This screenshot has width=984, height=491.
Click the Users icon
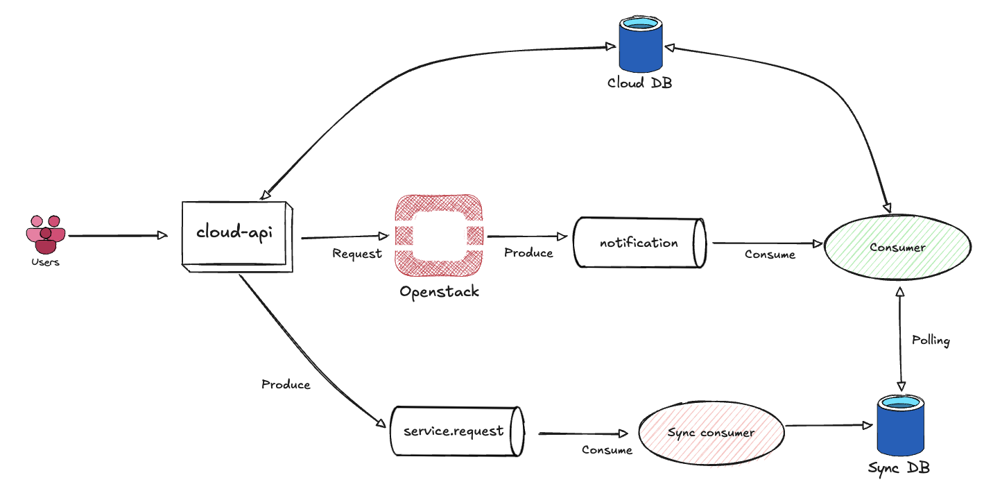click(46, 234)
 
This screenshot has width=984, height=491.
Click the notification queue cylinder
click(639, 243)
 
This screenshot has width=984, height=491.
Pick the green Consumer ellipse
click(897, 247)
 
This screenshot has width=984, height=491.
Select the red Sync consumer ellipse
click(711, 433)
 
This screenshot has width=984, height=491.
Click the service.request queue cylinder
click(454, 431)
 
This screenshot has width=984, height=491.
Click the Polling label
click(931, 341)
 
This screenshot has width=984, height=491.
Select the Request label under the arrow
click(357, 254)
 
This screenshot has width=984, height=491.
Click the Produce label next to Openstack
click(528, 253)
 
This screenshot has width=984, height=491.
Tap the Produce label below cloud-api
click(286, 384)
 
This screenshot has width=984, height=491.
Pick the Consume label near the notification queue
click(770, 255)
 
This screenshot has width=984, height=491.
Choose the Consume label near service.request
click(607, 450)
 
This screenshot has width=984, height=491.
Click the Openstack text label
click(439, 291)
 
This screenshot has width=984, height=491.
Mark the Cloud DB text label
click(639, 83)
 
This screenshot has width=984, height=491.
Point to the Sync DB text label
click(899, 468)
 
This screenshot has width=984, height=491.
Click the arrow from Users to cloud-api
click(118, 236)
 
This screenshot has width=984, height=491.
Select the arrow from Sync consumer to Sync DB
click(829, 425)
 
